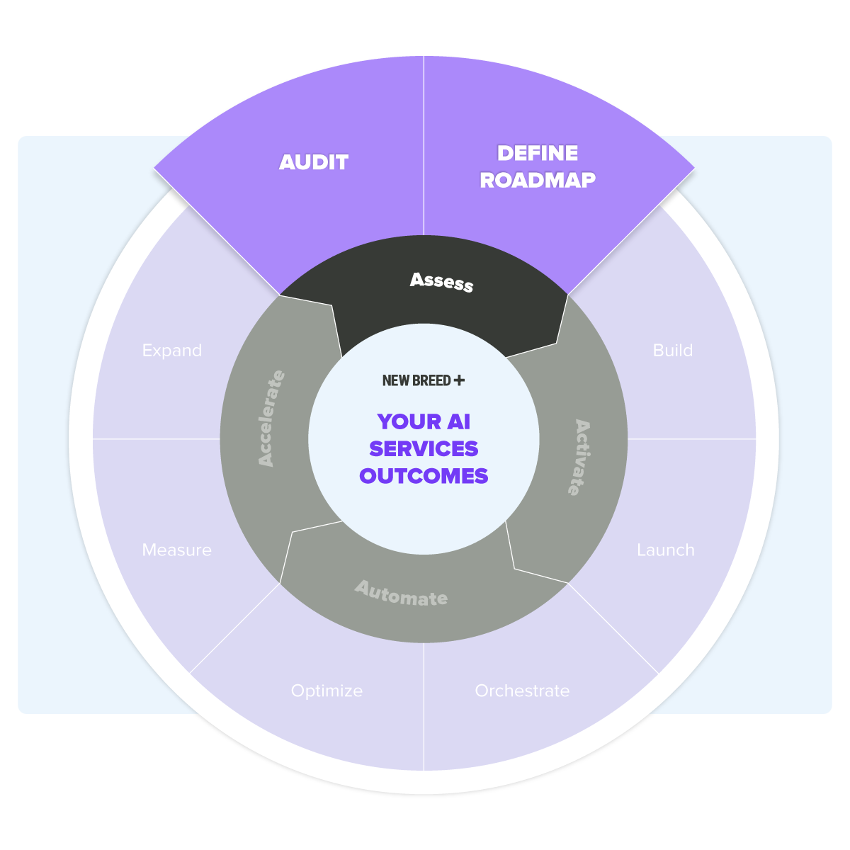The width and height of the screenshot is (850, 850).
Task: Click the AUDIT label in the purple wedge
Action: pos(314,162)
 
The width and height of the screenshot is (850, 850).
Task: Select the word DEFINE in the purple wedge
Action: pos(537,153)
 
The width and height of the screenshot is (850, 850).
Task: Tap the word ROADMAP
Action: pos(537,180)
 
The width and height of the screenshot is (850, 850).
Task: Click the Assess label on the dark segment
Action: pos(441,282)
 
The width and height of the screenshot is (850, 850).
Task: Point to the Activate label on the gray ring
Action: pos(579,458)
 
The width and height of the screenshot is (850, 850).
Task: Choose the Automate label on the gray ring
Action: pos(402,594)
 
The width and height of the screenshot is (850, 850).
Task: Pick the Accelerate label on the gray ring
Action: pos(271,418)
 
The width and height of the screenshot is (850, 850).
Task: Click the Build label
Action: pos(673,350)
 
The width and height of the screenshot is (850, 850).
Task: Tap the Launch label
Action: pos(666,550)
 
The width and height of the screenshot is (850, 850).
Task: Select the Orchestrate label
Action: pos(522,691)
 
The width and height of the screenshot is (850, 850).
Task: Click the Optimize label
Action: pos(327,691)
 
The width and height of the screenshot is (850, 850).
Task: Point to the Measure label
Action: pos(177,550)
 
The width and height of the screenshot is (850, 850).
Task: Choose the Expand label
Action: pos(172,351)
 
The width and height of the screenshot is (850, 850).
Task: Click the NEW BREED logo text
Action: pos(416,380)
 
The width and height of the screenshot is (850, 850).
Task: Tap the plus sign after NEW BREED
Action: pos(459,380)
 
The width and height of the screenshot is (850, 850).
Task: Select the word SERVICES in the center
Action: pos(424,448)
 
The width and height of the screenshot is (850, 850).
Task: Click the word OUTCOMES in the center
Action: pos(424,476)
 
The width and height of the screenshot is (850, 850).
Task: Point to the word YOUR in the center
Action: pos(409,421)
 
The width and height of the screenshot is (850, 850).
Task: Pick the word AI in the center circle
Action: pos(459,421)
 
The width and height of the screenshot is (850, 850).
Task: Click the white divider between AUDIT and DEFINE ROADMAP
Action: pos(424,146)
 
